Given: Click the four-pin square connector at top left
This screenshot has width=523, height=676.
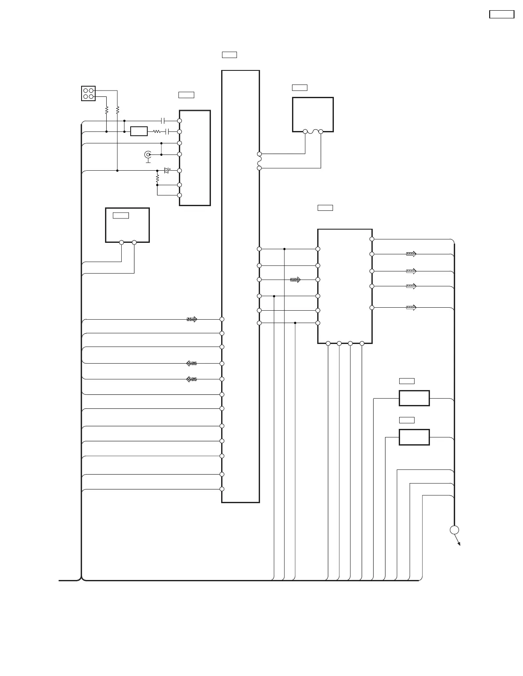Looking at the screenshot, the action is tap(88, 93).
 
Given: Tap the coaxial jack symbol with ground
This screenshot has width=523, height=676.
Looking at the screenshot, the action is tap(148, 155).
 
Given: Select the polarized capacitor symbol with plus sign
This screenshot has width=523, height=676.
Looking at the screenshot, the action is tap(167, 170).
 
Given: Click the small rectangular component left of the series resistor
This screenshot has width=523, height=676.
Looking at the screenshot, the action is tap(139, 131).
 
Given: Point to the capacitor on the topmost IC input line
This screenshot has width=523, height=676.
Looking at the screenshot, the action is tap(163, 121).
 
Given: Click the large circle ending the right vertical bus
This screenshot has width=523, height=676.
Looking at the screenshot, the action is tap(454, 530).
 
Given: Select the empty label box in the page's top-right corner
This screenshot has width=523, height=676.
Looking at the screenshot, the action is tap(501, 15).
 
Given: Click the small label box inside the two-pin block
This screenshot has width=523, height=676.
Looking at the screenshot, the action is tap(121, 216).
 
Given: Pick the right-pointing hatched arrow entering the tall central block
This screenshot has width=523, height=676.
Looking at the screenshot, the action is tap(192, 319).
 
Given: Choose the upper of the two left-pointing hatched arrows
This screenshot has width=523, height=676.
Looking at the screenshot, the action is tap(192, 364).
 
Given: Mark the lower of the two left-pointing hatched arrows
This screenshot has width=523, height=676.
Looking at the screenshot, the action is tap(192, 379).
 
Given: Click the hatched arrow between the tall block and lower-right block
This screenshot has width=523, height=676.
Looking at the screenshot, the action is tap(295, 280).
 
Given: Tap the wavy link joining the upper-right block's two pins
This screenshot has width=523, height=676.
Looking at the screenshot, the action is tap(313, 131).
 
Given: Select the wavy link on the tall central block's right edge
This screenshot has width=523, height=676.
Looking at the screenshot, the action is tap(259, 161).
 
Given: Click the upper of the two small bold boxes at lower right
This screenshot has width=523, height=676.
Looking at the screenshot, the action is tap(414, 398).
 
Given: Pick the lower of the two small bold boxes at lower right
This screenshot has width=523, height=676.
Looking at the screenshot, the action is tap(414, 437).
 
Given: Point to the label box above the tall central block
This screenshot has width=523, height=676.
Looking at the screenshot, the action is tap(229, 55).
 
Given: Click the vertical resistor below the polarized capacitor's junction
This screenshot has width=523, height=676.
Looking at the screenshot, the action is tap(157, 178).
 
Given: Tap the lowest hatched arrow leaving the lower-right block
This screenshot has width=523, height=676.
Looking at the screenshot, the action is tap(411, 307).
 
